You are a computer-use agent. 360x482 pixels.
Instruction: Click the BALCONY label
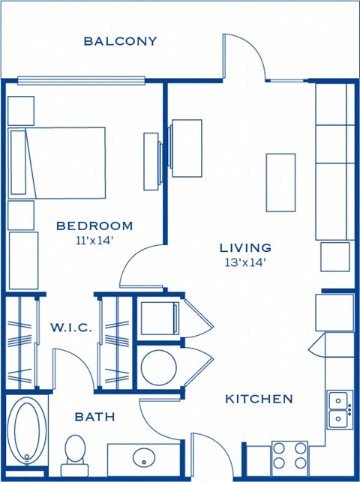pyautogui.click(x=121, y=40)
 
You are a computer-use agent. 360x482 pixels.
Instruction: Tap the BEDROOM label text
pyautogui.click(x=94, y=226)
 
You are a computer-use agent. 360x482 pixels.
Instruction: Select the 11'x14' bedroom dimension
pyautogui.click(x=94, y=241)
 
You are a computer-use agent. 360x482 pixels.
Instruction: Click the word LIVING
pyautogui.click(x=245, y=247)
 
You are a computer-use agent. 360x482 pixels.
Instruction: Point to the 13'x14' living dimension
pyautogui.click(x=245, y=262)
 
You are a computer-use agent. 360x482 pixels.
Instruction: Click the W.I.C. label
pyautogui.click(x=71, y=328)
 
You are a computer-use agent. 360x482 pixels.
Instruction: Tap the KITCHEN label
pyautogui.click(x=259, y=399)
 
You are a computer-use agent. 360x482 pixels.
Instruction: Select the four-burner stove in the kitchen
pyautogui.click(x=289, y=455)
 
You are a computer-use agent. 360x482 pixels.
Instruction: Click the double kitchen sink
pyautogui.click(x=339, y=407)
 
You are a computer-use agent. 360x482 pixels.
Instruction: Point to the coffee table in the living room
pyautogui.click(x=280, y=182)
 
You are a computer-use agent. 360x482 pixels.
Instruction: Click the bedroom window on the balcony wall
pyautogui.click(x=80, y=80)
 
